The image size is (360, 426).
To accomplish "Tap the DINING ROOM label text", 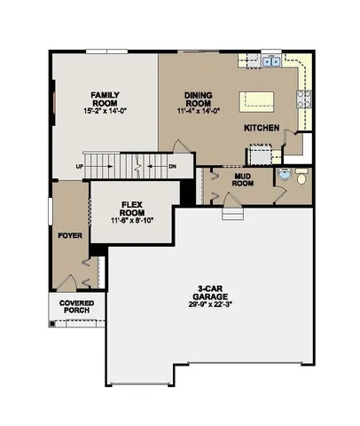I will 199,98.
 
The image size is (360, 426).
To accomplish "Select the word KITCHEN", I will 262,129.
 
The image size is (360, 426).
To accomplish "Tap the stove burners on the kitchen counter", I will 304,99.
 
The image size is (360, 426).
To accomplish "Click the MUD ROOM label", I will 244,180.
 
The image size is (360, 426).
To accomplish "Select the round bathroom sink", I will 284,174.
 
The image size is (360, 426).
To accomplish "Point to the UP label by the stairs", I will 80,166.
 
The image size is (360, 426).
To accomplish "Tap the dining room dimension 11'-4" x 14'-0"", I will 199,109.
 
